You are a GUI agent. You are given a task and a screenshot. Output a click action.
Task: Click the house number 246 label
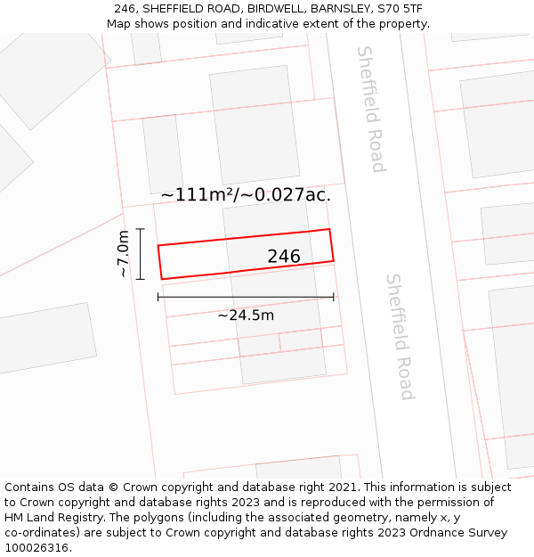pyautogui.click(x=284, y=257)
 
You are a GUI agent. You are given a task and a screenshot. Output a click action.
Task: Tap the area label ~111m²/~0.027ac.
pyautogui.click(x=246, y=194)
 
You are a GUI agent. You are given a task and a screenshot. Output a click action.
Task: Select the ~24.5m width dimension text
pyautogui.click(x=246, y=315)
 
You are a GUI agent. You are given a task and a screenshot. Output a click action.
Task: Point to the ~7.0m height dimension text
pyautogui.click(x=124, y=254)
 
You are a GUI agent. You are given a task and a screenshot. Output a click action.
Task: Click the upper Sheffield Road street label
pyautogui.click(x=371, y=109)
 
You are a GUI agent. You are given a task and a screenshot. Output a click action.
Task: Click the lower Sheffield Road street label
pyautogui.click(x=400, y=336)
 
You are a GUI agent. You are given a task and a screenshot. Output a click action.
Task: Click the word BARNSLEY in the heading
pyautogui.click(x=343, y=8)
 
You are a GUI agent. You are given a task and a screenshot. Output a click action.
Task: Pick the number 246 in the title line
pyautogui.click(x=125, y=8)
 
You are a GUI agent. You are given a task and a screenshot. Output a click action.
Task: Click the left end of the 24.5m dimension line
pyautogui.click(x=158, y=297)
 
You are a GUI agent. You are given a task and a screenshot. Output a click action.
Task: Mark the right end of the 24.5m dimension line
pyautogui.click(x=334, y=297)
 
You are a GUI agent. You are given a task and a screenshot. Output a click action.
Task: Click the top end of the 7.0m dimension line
pyautogui.click(x=140, y=229)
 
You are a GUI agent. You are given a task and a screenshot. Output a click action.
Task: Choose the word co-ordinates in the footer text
pyautogui.click(x=39, y=533)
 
